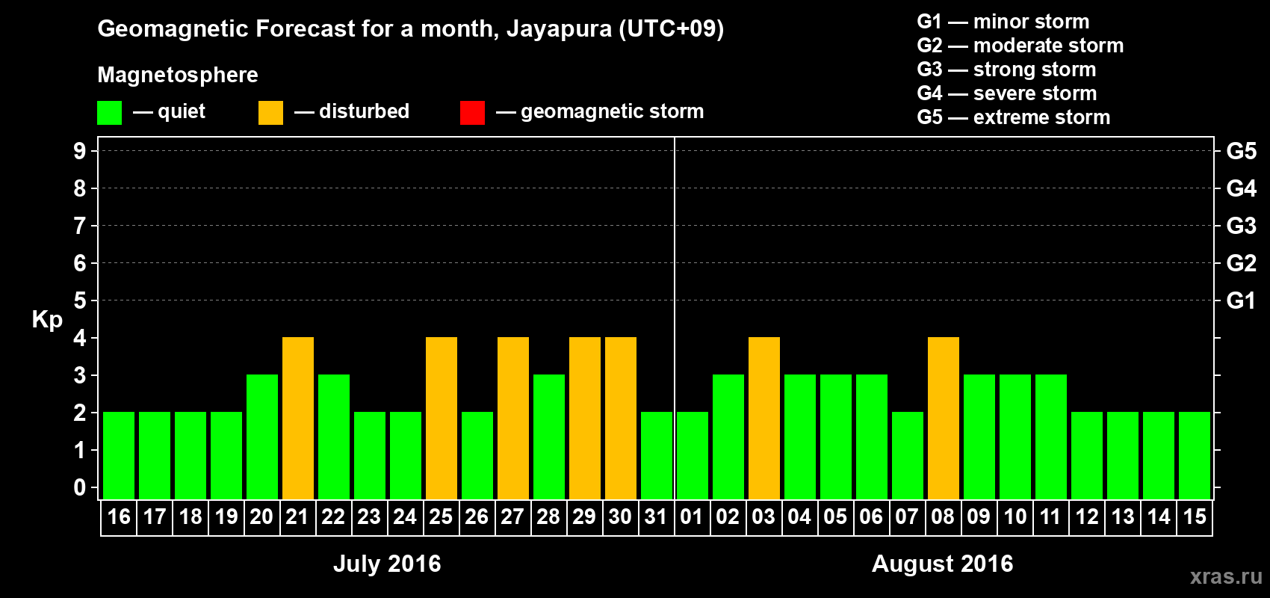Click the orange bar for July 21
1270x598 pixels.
click(298, 419)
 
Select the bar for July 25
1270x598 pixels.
click(442, 419)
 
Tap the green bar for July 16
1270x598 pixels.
click(119, 456)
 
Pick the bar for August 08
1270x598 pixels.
click(944, 419)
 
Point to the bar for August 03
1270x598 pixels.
click(764, 419)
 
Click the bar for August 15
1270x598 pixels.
click(1195, 456)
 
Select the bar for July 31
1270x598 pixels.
click(657, 456)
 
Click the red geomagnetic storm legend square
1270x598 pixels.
click(472, 113)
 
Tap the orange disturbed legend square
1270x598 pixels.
click(270, 113)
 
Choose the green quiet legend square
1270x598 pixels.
click(109, 113)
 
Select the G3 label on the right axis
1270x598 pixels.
click(1241, 226)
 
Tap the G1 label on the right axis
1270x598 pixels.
click(1241, 300)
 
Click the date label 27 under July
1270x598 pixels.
click(512, 517)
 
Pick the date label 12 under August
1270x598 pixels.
click(1087, 517)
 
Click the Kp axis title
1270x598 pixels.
click(47, 319)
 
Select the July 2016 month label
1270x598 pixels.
click(387, 564)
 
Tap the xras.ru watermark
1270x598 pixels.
click(1226, 576)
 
